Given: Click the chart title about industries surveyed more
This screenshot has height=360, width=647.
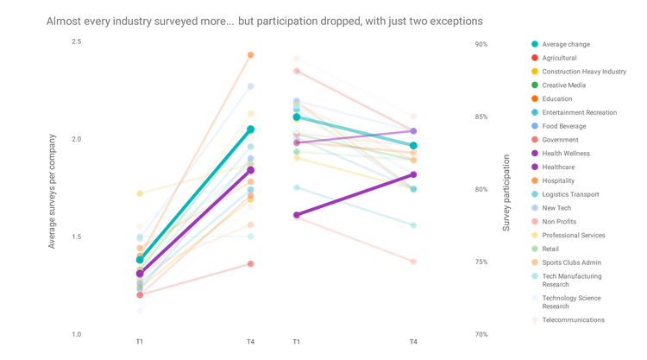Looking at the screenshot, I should click(x=266, y=19).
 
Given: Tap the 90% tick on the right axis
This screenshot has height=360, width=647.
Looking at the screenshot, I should click(x=483, y=43).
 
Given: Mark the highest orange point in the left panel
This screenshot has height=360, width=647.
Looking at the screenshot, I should click(x=251, y=55).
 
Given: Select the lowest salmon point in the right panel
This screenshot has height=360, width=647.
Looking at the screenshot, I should click(x=414, y=261).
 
